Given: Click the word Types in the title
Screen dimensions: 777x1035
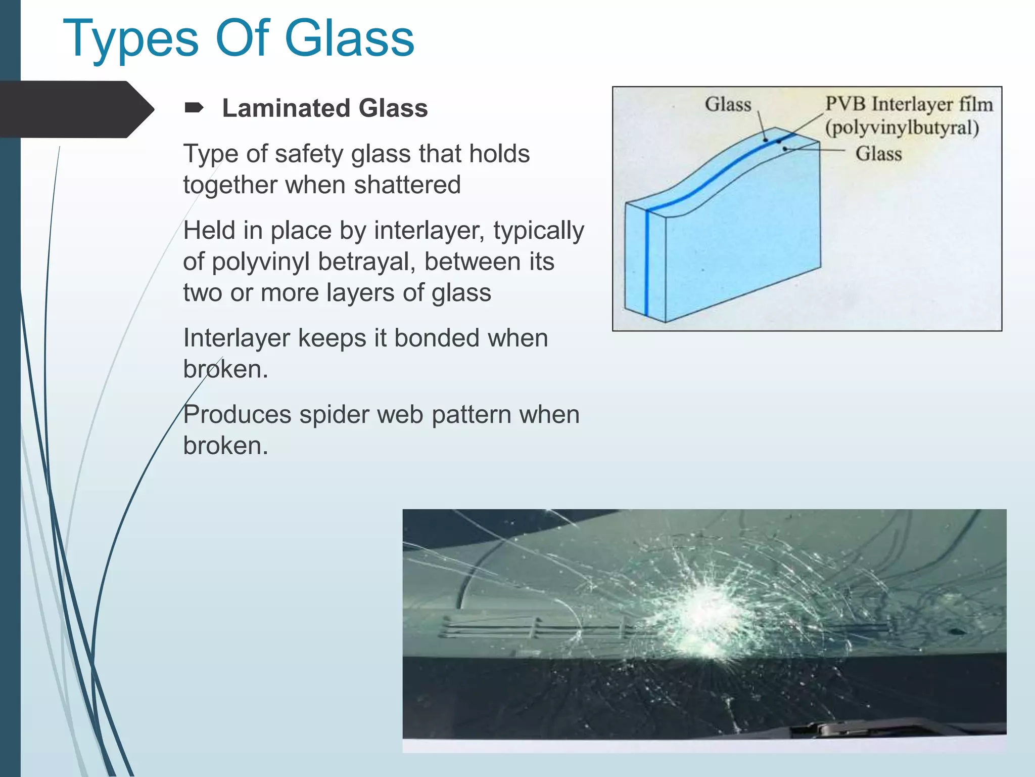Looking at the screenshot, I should [130, 39].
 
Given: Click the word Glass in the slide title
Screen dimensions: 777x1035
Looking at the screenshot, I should [349, 38].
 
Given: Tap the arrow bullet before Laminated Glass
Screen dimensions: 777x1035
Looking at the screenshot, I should [194, 108].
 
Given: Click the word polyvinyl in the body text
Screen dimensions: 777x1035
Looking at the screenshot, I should [261, 262].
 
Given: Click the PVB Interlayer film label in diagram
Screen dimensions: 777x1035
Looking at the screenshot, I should [909, 104].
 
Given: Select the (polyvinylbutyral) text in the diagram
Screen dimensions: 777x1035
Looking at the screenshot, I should [902, 127].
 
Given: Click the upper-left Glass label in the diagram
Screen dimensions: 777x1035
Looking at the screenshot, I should [728, 104].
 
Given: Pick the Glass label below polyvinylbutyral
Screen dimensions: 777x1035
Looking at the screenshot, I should [878, 154].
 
